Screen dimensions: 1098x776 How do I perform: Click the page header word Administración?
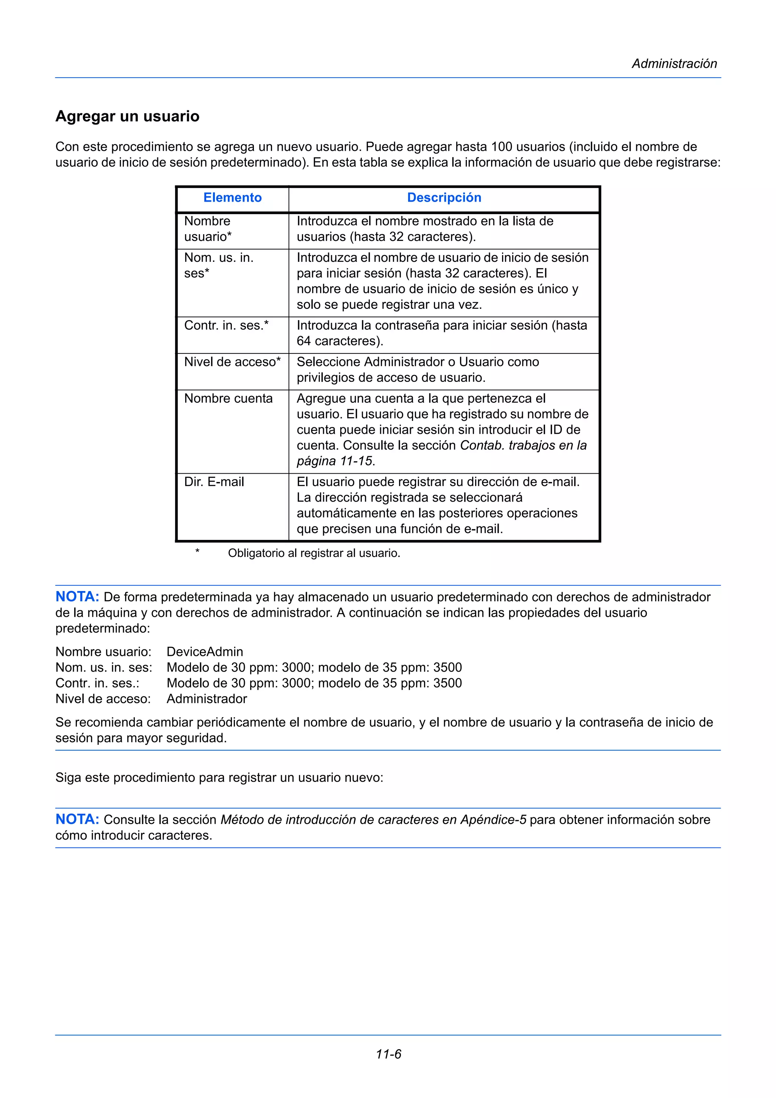click(674, 64)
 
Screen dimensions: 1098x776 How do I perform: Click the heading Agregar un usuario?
click(127, 116)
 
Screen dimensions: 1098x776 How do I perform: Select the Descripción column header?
click(444, 197)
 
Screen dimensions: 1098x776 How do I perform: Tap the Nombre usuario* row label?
click(208, 228)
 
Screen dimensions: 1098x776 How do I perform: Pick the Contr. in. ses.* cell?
click(226, 326)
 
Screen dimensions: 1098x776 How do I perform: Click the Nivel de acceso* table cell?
click(232, 362)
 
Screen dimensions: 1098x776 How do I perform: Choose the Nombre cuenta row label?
click(228, 398)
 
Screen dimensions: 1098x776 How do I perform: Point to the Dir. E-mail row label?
click(214, 482)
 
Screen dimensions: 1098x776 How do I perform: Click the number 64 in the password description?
click(304, 341)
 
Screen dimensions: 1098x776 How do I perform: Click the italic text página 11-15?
click(334, 461)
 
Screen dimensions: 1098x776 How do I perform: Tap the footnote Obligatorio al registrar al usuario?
click(314, 553)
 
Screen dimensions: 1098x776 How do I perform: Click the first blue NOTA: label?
click(77, 597)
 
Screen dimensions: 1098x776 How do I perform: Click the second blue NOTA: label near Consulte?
click(77, 819)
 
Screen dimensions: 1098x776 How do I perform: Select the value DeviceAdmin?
click(205, 652)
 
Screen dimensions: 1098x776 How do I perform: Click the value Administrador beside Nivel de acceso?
click(207, 699)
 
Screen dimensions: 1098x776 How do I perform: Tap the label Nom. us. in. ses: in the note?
click(104, 668)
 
